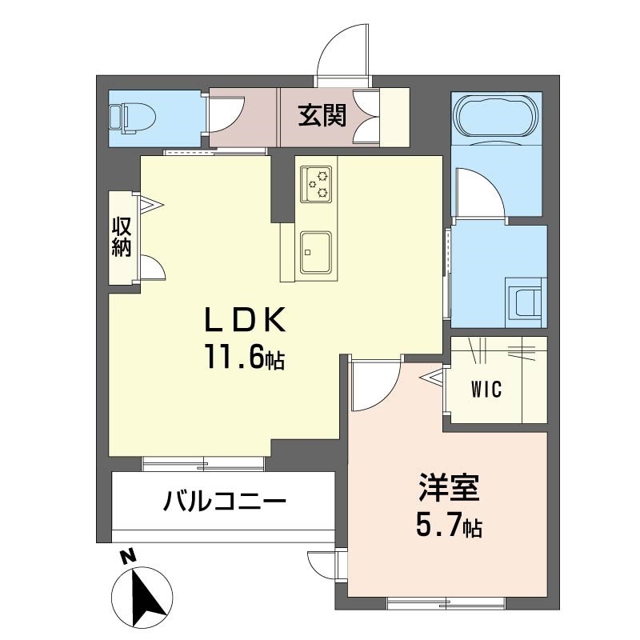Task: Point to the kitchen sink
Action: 317,251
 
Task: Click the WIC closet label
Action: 486,390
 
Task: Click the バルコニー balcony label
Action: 225,503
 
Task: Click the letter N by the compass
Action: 126,557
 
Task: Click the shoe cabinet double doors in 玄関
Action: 369,117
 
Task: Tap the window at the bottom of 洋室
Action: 446,601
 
